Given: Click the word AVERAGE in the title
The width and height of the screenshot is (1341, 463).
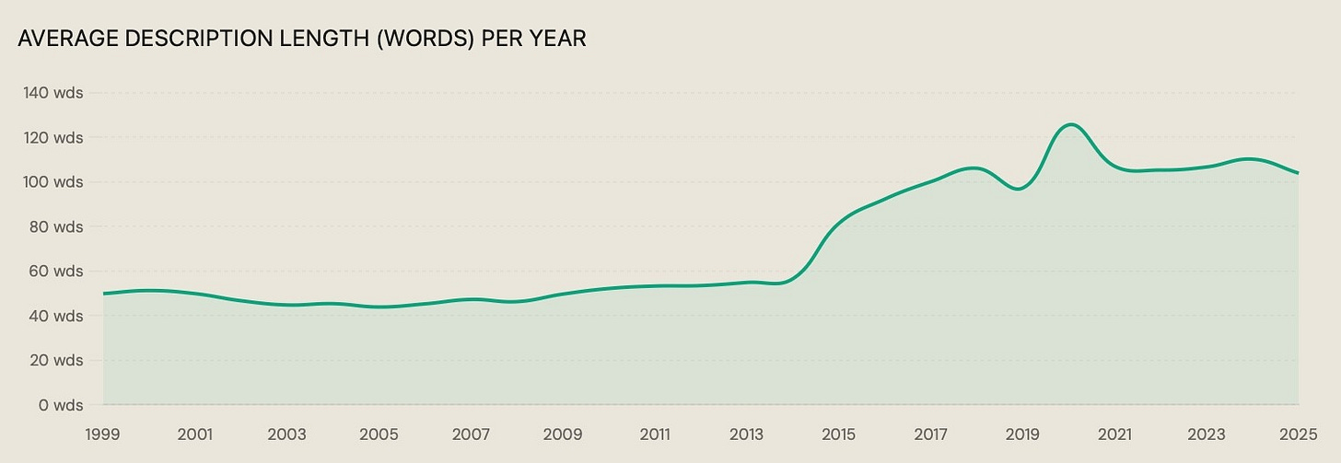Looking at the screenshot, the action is [68, 39].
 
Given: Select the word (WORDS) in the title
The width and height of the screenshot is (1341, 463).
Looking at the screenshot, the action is [426, 39].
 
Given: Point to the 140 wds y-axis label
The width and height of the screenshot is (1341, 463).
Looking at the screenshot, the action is [53, 93].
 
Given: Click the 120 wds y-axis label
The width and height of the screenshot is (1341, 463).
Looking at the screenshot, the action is [53, 137].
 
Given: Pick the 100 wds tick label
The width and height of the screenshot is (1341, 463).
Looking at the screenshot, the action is [53, 182].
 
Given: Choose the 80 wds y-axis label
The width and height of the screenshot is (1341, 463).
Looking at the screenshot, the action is [56, 226].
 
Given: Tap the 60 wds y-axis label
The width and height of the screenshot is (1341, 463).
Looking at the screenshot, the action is [56, 271].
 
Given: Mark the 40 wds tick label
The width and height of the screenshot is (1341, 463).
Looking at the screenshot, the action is [56, 316].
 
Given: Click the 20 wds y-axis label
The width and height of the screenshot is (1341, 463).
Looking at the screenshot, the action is [56, 360].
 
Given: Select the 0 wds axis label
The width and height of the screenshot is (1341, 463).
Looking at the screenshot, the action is [61, 405].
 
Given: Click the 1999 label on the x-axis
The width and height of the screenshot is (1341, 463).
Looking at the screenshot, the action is [103, 434].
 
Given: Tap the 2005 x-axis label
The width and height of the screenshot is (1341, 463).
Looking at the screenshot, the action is [379, 434].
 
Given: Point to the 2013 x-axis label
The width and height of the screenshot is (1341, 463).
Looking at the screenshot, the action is [747, 434].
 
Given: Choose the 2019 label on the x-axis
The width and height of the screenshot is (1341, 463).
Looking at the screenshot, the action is [1022, 434].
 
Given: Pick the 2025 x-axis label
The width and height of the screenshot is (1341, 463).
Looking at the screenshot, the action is [1299, 434].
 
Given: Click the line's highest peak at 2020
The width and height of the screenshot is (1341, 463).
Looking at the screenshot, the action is [1070, 124].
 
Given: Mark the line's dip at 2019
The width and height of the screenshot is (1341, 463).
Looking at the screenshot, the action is [1019, 189].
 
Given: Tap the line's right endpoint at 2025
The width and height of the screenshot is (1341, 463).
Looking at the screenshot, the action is [1298, 173].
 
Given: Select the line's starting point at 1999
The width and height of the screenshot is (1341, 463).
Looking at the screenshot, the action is [103, 294].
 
